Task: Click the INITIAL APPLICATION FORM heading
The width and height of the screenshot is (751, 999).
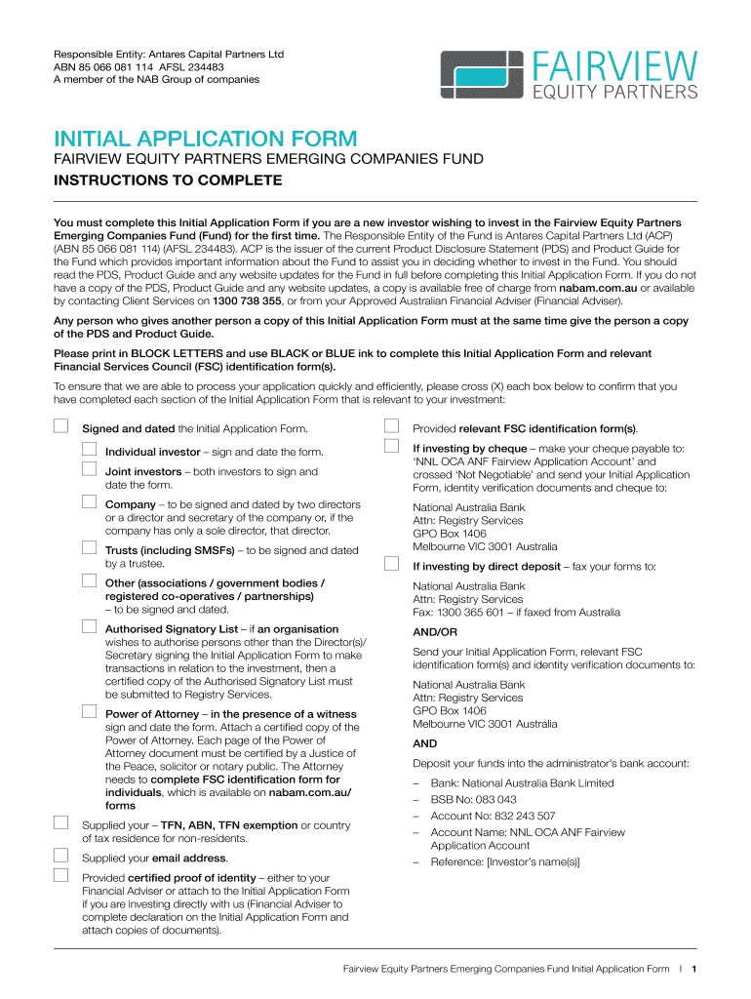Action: tap(205, 139)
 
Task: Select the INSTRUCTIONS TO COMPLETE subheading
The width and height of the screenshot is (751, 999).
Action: tap(167, 180)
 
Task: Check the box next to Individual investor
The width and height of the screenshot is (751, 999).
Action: tap(89, 450)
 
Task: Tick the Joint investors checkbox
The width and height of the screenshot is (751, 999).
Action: tap(89, 469)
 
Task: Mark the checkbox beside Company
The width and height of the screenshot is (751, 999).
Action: tap(89, 502)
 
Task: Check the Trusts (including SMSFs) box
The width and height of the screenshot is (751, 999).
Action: tap(89, 548)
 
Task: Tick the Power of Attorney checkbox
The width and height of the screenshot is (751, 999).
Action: tap(89, 711)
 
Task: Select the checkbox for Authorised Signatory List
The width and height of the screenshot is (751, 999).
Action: tap(89, 626)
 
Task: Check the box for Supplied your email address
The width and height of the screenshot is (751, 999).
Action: tap(60, 857)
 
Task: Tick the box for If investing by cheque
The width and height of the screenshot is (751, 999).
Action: tap(391, 447)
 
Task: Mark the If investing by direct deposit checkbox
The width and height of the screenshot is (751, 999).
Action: tap(391, 564)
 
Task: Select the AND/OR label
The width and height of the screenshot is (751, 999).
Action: tap(434, 632)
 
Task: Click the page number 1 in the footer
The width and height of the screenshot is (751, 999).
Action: tap(692, 970)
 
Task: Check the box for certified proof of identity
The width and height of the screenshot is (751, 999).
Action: tap(60, 875)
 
